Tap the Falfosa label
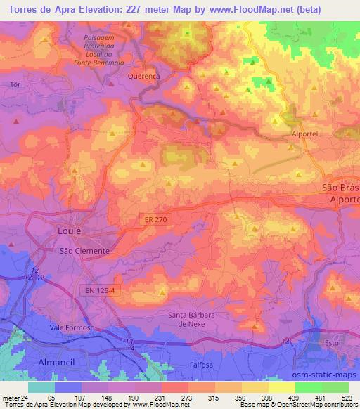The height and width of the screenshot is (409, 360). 202,365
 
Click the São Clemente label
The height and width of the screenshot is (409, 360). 84,250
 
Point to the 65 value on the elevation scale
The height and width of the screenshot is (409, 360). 51,397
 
